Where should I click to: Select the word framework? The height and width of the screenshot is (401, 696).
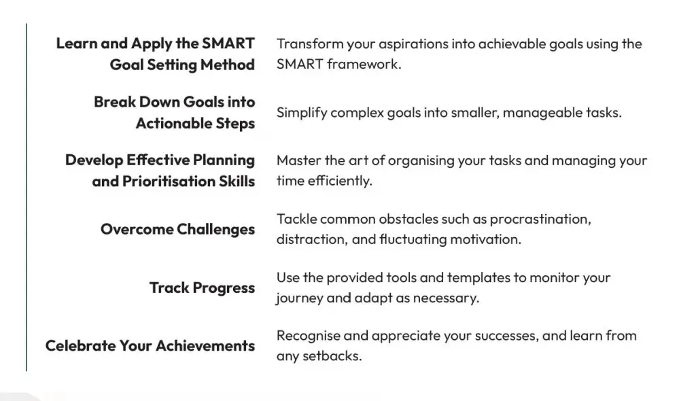364,64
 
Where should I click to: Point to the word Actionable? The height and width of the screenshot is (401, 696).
174,123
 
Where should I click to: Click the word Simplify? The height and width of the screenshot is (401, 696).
302,113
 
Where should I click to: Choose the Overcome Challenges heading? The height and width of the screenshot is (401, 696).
177,229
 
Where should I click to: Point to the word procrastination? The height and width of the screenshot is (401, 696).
540,220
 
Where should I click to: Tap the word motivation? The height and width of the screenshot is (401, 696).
485,239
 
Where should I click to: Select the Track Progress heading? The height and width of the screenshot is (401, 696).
203,287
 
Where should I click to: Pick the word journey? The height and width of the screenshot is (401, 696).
300,298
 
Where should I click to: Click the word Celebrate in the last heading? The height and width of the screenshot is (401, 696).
80,345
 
